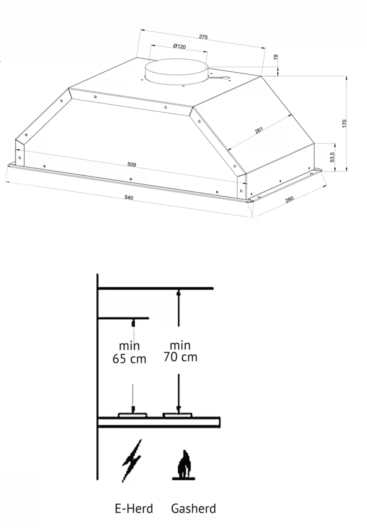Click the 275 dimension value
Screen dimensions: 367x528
[203, 37]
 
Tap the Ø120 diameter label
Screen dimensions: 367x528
[180, 46]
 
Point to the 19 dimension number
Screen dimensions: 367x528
[276, 57]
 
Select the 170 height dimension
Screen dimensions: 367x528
[345, 124]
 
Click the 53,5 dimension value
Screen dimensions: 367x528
[332, 157]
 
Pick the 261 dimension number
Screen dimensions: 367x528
[259, 130]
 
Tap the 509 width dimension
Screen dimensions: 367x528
[132, 164]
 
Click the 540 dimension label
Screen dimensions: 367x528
[128, 197]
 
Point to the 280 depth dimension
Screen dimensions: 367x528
[290, 199]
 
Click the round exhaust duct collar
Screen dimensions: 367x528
[176, 71]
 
